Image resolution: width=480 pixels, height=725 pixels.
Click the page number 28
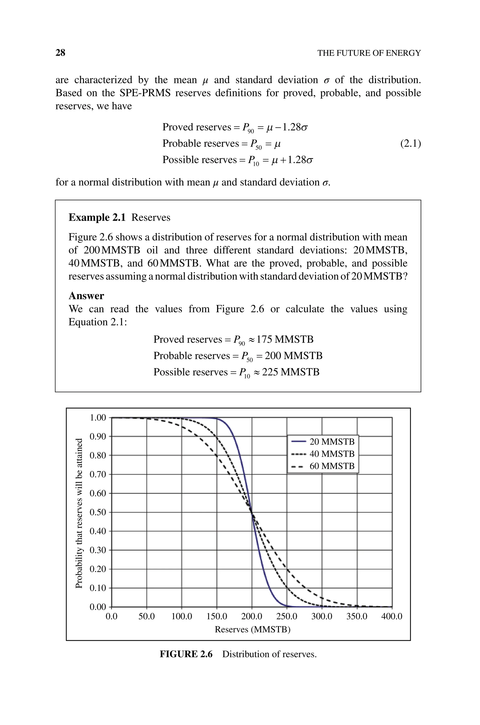pos(60,53)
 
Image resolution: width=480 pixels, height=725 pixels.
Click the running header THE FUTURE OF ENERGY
pos(369,53)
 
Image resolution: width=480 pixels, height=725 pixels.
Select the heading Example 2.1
pos(97,217)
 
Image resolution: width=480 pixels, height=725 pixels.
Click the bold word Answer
pos(86,296)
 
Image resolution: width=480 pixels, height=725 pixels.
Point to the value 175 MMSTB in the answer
pos(285,340)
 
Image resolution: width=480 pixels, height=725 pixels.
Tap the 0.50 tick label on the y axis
pos(98,512)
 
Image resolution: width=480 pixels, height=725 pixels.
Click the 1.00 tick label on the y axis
pos(98,418)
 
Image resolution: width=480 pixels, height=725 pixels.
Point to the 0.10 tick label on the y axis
pos(98,588)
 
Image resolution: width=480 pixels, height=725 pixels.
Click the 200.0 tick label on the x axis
pos(252,616)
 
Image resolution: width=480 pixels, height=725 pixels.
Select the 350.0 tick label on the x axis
pos(357,616)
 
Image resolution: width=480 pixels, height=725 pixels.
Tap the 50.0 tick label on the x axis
pos(147,616)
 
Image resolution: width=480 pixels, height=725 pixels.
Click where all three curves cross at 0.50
pos(252,512)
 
